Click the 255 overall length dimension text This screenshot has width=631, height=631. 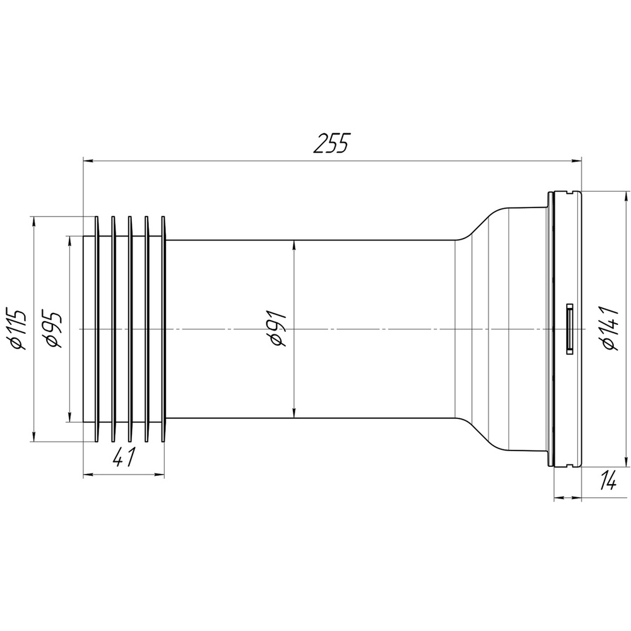331,143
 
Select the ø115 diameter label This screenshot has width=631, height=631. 18,329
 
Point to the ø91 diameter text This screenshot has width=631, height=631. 278,329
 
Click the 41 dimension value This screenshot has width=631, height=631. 123,457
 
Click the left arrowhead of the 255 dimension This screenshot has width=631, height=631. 88,161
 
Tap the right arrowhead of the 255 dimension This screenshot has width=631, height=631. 576,161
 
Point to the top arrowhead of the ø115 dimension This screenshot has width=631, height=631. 33,223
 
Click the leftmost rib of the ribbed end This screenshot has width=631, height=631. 97,328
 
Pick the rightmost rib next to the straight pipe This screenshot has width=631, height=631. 164,328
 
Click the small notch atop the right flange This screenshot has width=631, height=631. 570,190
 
